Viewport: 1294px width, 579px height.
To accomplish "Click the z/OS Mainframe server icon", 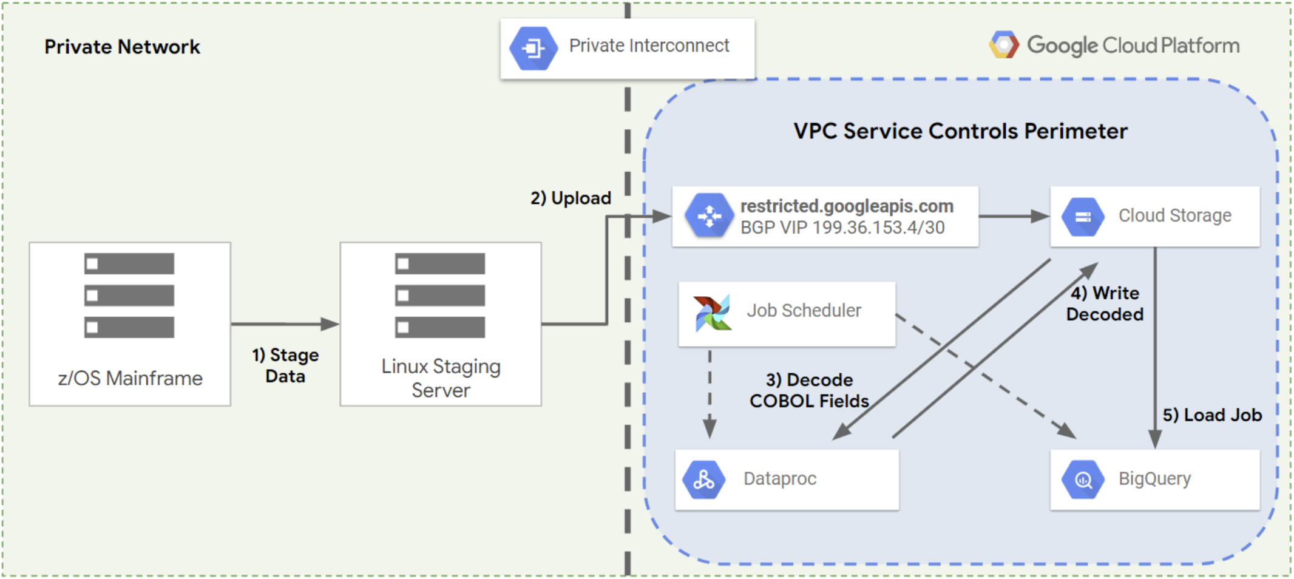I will click(x=129, y=296).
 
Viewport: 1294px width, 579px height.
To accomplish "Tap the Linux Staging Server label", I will click(x=441, y=378).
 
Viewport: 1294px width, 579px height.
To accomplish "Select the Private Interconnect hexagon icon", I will click(x=533, y=48).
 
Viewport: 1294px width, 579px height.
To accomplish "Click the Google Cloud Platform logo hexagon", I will click(x=1004, y=45).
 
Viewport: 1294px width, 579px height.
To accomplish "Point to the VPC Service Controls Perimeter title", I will click(x=960, y=131).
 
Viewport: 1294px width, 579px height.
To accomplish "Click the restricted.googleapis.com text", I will click(x=847, y=206).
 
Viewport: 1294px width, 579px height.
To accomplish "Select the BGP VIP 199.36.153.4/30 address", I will click(x=842, y=228).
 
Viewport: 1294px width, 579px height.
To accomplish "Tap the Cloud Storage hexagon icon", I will click(x=1083, y=217).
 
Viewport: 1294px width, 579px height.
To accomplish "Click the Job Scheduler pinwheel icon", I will click(x=712, y=313).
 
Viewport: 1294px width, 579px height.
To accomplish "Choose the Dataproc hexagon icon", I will click(x=703, y=479).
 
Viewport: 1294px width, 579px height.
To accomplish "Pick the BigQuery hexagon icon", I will click(x=1083, y=479).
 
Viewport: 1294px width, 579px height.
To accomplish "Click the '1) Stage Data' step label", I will click(x=285, y=365).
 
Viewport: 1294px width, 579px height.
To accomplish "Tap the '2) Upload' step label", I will click(x=571, y=198).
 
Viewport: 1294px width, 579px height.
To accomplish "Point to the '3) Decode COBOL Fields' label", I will click(x=809, y=390).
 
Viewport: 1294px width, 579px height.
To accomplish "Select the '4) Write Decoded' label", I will click(x=1105, y=303).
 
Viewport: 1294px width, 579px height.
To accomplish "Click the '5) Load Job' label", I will click(x=1212, y=415).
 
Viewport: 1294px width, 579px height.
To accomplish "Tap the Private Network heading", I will click(x=122, y=47).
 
